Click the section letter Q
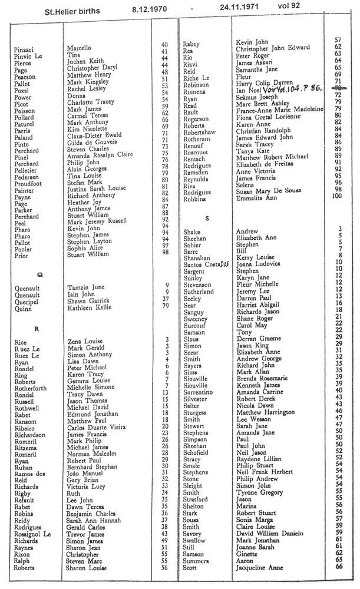point(39,274)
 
